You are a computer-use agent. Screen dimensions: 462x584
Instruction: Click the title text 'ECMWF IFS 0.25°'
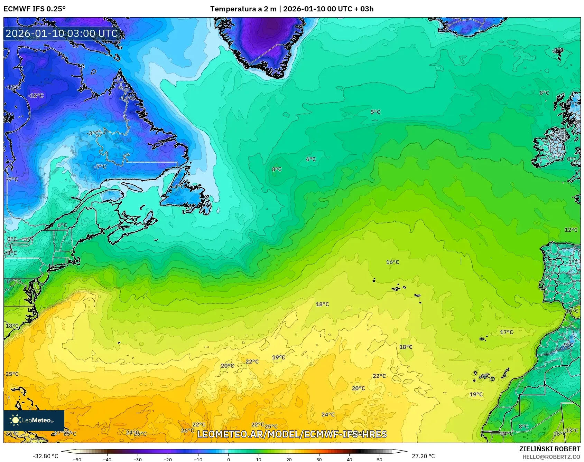tap(35, 9)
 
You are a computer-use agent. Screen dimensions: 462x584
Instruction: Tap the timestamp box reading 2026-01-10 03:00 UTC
tap(62, 33)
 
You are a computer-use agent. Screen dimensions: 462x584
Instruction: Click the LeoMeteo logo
tap(34, 420)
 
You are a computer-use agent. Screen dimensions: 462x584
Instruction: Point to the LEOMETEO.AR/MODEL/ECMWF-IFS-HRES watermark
tap(292, 434)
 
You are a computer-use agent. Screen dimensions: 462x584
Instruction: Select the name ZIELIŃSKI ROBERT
tap(549, 449)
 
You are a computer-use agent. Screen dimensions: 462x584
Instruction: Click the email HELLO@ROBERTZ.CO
tap(551, 457)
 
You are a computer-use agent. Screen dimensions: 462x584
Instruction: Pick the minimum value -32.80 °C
tap(45, 456)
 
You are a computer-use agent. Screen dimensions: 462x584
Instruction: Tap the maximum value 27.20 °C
tap(423, 456)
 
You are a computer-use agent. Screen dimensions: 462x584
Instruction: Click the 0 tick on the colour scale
tap(228, 459)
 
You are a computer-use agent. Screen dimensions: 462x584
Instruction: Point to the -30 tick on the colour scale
tap(137, 459)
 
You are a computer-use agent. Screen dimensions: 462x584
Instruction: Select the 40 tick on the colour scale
tap(349, 459)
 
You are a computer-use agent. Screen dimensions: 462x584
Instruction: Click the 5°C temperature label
tap(375, 112)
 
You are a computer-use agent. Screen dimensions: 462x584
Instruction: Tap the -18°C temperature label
tap(36, 95)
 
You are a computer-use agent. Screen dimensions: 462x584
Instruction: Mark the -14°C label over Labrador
tap(127, 98)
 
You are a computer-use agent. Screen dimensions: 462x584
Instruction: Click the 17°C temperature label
tap(507, 332)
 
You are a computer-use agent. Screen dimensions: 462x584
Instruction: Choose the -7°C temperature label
tap(100, 166)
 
